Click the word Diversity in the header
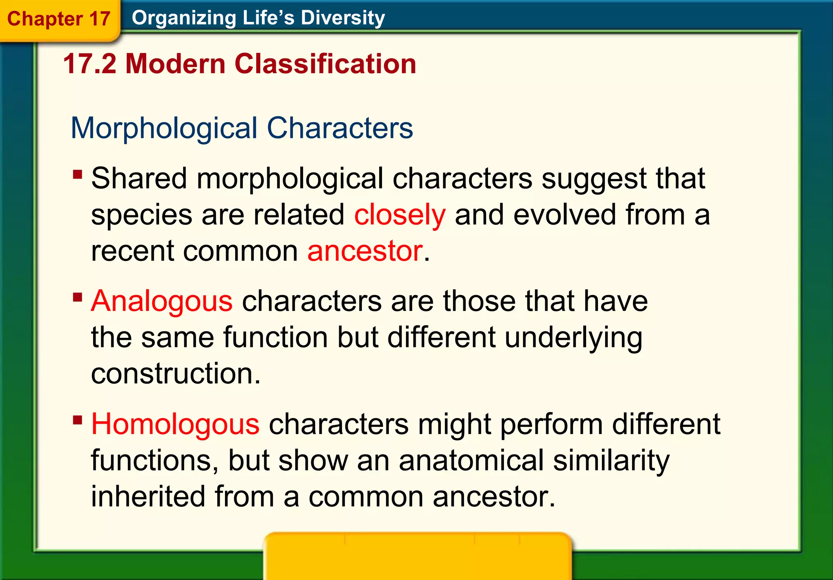pyautogui.click(x=342, y=18)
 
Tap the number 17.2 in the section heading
pyautogui.click(x=89, y=64)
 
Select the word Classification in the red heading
pyautogui.click(x=325, y=64)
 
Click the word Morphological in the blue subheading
pyautogui.click(x=164, y=128)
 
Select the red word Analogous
pyautogui.click(x=161, y=301)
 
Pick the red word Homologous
pyautogui.click(x=175, y=424)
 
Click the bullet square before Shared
pyautogui.click(x=77, y=175)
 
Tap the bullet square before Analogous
pyautogui.click(x=77, y=297)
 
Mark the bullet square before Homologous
pyautogui.click(x=77, y=420)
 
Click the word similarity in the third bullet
pyautogui.click(x=611, y=460)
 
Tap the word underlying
pyautogui.click(x=574, y=337)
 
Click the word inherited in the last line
pyautogui.click(x=148, y=497)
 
